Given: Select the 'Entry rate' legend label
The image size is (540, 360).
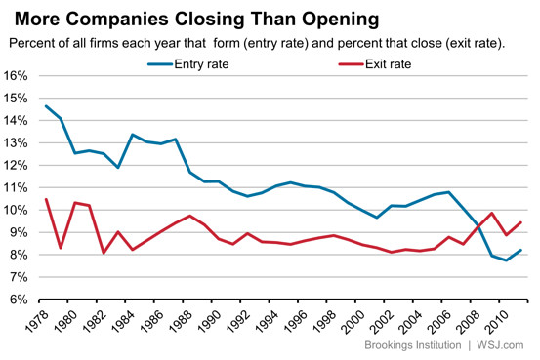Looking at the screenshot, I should (x=203, y=64).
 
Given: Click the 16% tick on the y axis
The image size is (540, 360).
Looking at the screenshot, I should (x=21, y=76).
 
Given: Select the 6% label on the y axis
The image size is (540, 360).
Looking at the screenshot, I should (x=23, y=300).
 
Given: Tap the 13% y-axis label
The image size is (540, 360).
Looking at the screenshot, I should (x=21, y=143).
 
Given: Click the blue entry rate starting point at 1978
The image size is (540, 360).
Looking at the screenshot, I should (x=46, y=106).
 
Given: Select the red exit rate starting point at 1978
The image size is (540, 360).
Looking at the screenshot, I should (x=46, y=200).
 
